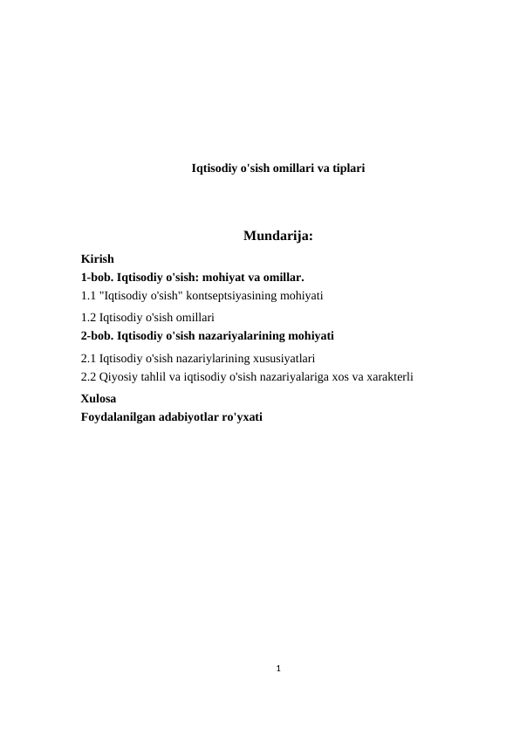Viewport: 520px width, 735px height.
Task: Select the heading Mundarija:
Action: (x=278, y=235)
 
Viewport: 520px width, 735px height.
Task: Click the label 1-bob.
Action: (x=97, y=278)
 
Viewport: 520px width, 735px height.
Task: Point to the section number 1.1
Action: (x=88, y=296)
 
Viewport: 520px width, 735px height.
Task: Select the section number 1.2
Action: (x=88, y=318)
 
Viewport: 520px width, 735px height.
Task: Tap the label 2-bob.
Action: (x=97, y=335)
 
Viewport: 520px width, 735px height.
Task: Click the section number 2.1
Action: (x=88, y=358)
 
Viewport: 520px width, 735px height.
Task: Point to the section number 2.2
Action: (x=88, y=377)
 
